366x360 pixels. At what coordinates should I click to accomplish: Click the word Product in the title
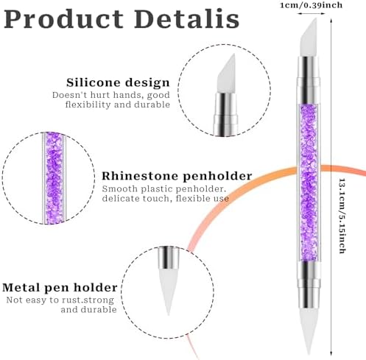(64, 19)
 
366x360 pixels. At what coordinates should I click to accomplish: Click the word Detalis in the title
(186, 19)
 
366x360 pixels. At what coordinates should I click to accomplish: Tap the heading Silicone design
(118, 82)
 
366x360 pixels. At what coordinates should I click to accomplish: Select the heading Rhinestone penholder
(177, 176)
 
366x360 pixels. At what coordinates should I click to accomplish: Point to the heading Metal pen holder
(60, 288)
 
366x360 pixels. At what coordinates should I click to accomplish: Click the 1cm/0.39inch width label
(311, 5)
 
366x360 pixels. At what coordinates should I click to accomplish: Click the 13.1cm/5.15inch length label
(342, 216)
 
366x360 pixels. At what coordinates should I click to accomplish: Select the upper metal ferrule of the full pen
(309, 80)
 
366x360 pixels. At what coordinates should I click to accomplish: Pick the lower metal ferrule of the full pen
(309, 285)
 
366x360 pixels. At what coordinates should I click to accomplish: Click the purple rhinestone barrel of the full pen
(309, 183)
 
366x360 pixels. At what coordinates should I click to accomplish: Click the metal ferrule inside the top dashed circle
(225, 114)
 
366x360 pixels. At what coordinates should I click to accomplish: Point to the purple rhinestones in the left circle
(54, 178)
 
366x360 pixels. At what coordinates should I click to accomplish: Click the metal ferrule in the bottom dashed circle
(169, 258)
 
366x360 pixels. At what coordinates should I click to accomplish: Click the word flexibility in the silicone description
(88, 105)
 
